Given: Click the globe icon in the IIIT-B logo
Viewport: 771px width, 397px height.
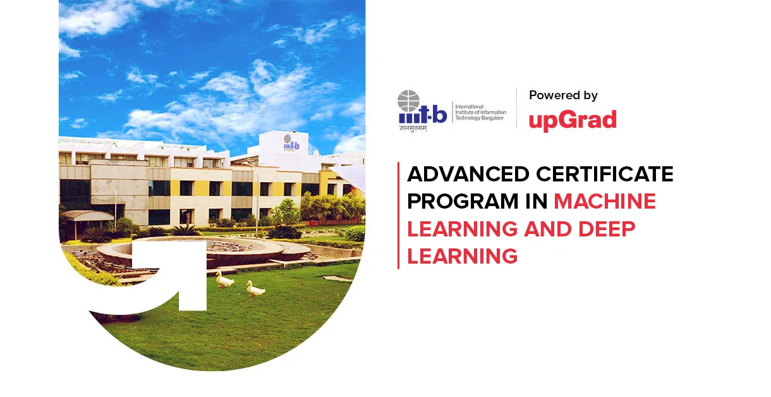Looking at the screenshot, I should [409, 101].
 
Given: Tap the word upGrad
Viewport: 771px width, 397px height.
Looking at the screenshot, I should [572, 119].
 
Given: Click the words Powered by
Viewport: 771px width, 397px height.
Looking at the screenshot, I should [563, 95].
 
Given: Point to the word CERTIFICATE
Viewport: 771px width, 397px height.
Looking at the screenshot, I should [606, 174].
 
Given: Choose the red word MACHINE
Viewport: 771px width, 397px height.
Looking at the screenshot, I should [605, 202].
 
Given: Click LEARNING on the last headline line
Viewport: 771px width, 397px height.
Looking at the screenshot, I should [462, 256].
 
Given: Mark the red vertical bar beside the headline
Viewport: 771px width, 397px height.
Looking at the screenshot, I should [398, 215].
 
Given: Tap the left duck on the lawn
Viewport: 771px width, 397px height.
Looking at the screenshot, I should [224, 279].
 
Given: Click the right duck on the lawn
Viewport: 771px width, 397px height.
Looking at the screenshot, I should [255, 289].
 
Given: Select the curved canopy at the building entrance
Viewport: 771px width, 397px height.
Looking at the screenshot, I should [88, 216].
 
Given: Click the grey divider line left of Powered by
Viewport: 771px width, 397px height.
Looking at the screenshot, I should [517, 107].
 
